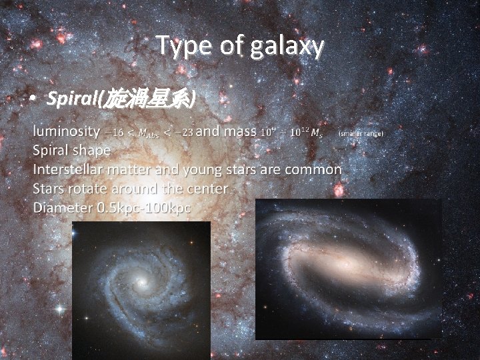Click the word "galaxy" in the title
click(x=288, y=46)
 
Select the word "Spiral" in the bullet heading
click(x=72, y=99)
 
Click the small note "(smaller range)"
click(x=361, y=133)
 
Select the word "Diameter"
click(x=63, y=208)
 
